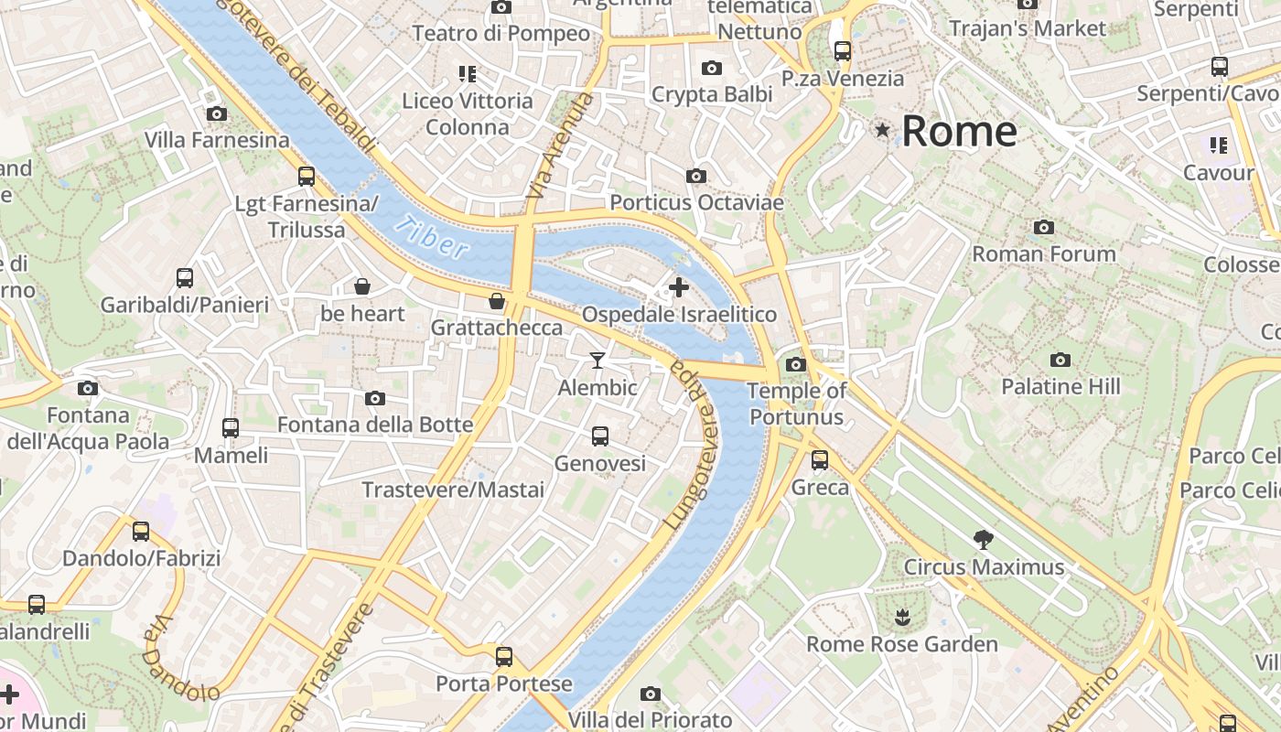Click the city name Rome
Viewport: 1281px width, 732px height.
(x=959, y=131)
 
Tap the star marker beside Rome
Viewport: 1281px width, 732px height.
(x=882, y=130)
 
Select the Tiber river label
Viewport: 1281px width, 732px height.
(x=433, y=238)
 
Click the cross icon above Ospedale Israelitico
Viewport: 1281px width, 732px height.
(x=679, y=287)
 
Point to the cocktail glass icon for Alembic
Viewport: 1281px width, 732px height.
(x=597, y=361)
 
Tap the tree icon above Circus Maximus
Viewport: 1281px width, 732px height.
(x=984, y=540)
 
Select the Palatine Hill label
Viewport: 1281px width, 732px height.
(x=1060, y=386)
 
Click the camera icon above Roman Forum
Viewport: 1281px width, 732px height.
(x=1044, y=227)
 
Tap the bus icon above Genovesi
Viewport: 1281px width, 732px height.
(x=600, y=436)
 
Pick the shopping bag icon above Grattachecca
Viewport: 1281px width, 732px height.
(x=497, y=301)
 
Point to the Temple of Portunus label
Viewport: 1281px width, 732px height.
(x=795, y=404)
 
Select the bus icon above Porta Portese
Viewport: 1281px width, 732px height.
(x=504, y=656)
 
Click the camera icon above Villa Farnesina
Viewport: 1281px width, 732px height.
(x=217, y=113)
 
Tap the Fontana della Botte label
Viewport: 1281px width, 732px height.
(x=375, y=425)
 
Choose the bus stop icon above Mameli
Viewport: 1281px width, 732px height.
(x=231, y=427)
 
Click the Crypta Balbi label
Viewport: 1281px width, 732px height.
(x=712, y=94)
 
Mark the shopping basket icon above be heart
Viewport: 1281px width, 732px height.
(x=362, y=287)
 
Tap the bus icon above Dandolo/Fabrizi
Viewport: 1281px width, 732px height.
(x=141, y=531)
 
